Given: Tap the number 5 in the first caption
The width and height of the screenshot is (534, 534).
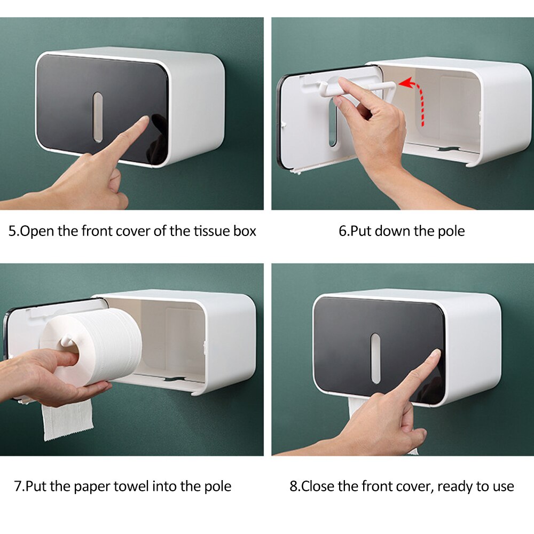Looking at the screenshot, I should click(x=12, y=231).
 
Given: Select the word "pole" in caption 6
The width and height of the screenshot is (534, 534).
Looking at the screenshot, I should click(x=452, y=231).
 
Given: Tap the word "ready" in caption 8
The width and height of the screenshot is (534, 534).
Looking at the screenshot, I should click(x=456, y=486).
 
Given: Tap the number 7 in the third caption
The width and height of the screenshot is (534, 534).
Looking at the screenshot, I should click(x=18, y=486).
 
